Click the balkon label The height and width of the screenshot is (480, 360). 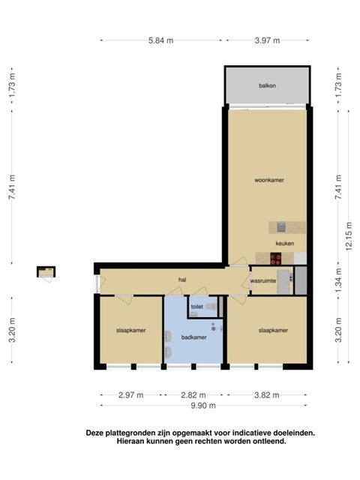[x=267, y=85]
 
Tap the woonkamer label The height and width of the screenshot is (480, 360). [x=269, y=180]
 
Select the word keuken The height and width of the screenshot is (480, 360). [x=285, y=243]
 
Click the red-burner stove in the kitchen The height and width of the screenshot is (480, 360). [x=276, y=259]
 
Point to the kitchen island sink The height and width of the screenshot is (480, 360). [x=281, y=227]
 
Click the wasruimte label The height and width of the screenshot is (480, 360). [x=263, y=280]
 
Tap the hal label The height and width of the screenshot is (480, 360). [x=182, y=280]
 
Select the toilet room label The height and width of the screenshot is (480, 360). [x=196, y=307]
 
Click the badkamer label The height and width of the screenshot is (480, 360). [x=193, y=337]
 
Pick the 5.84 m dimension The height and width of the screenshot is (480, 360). [x=160, y=40]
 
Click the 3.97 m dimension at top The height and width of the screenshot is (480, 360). [x=267, y=40]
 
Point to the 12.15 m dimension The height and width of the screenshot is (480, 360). [x=349, y=236]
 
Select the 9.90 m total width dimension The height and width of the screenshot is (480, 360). [x=203, y=406]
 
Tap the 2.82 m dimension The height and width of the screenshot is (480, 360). [x=193, y=395]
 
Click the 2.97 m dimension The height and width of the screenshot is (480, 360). [x=130, y=395]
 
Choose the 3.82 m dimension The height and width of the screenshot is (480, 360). [x=267, y=395]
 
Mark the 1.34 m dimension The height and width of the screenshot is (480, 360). [x=338, y=280]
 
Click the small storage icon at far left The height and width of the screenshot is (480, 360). [x=46, y=272]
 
